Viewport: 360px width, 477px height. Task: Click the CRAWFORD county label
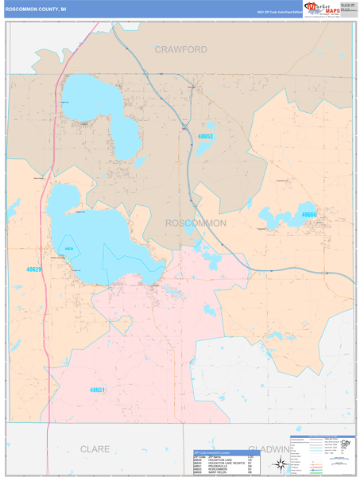[x=180, y=49]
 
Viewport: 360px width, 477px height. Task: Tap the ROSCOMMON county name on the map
[x=195, y=223]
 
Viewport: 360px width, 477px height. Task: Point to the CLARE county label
[x=95, y=449]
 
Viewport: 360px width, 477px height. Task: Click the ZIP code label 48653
[x=205, y=137]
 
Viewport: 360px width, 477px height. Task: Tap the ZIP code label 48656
[x=308, y=215]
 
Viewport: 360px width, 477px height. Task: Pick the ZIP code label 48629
[x=33, y=270]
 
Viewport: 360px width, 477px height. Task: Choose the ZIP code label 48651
[x=97, y=390]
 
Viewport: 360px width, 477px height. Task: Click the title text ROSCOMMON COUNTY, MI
[x=41, y=11]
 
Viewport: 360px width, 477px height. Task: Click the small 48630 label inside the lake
[x=69, y=249]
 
